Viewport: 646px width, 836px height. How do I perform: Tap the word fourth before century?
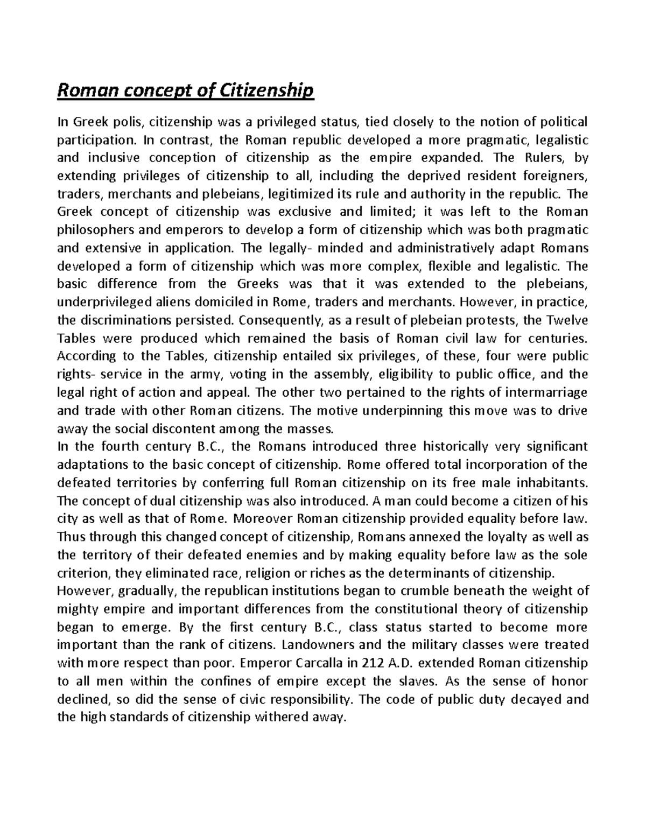click(118, 446)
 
